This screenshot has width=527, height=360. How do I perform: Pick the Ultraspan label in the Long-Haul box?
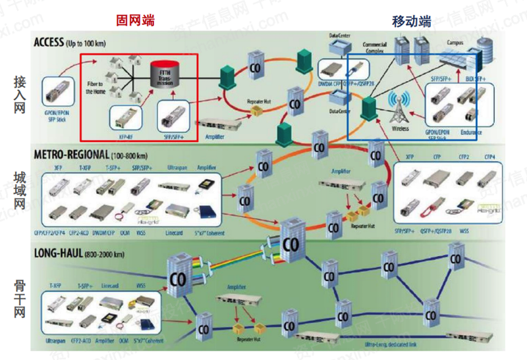tap(56, 342)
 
